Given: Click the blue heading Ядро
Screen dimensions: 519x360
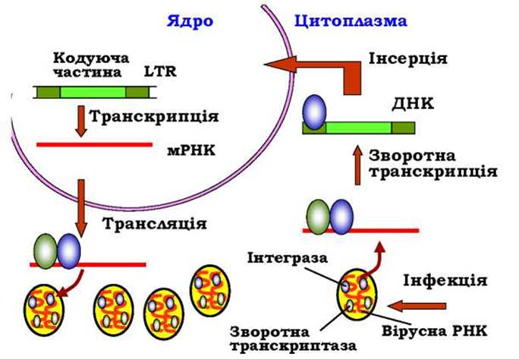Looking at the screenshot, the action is click(190, 22).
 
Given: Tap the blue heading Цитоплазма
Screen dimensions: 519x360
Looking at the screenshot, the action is click(351, 21).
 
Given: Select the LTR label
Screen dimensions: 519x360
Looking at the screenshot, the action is click(160, 71).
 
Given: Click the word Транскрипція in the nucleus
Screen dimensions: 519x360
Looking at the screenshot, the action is click(154, 117).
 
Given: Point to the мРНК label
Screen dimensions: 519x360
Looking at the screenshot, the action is click(191, 151).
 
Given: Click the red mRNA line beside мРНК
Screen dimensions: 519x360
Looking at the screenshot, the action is click(95, 144).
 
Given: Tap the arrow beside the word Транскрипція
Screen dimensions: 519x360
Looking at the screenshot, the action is click(80, 121).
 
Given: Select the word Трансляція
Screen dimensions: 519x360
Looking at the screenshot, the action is click(155, 224).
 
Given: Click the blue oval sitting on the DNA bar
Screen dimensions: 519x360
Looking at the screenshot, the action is click(314, 112).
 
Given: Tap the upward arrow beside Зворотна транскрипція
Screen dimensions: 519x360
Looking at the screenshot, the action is click(357, 165).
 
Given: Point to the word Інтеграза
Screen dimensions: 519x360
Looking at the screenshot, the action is click(288, 258).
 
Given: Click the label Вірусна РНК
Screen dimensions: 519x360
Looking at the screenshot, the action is click(435, 331).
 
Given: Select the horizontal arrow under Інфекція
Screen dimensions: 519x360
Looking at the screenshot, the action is click(417, 305).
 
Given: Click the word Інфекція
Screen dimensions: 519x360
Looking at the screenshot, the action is click(445, 281).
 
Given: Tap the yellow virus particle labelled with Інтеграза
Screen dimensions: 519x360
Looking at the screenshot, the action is click(357, 295).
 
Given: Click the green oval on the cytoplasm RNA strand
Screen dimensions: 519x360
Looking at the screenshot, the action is click(318, 217).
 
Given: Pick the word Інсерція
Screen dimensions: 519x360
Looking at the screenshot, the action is click(408, 59).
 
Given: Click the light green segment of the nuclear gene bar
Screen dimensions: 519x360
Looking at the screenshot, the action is click(93, 93).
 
